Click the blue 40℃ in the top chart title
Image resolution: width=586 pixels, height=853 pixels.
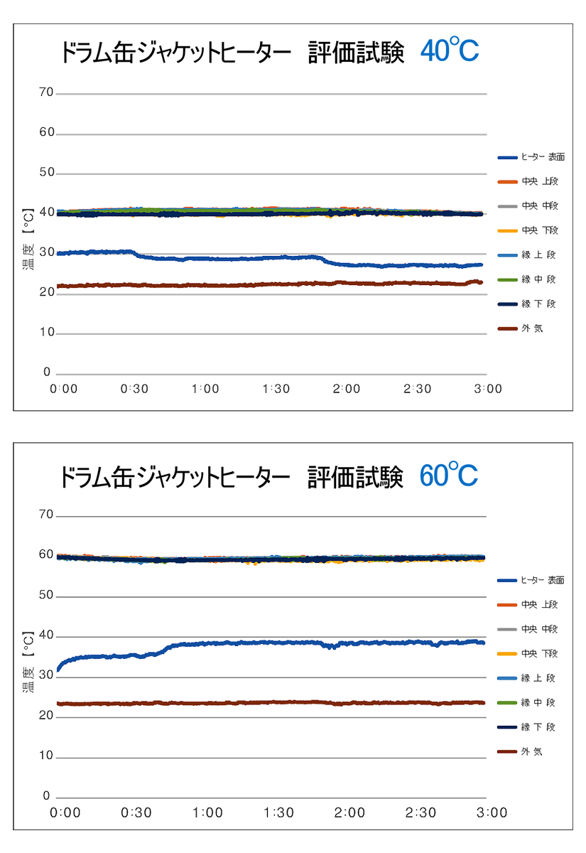point(450,51)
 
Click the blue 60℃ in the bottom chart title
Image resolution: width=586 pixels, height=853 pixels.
point(449,475)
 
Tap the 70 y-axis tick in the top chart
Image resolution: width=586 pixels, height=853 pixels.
point(46,93)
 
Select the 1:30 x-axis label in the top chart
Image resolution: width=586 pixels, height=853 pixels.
point(276,389)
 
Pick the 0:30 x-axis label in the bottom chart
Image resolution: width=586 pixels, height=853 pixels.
point(136,812)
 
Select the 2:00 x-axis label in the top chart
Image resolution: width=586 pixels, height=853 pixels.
point(347,389)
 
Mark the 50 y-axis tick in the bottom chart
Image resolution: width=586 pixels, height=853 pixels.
point(46,595)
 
